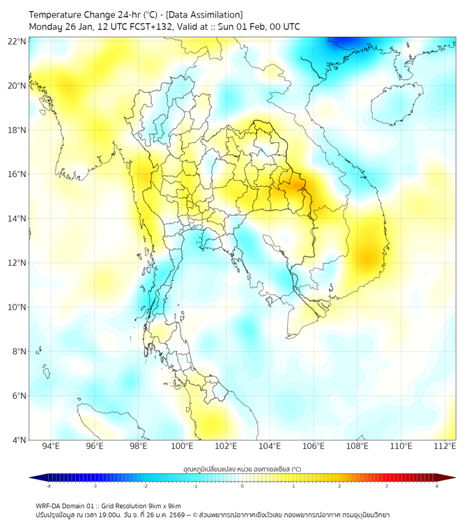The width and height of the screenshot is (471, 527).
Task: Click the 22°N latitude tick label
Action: click(x=17, y=41)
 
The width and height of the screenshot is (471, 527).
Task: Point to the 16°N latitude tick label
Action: click(x=17, y=174)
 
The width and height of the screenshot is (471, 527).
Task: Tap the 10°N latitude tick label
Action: click(x=17, y=307)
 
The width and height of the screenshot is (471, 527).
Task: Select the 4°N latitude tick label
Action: click(x=20, y=440)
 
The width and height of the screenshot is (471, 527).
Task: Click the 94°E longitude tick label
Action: click(x=51, y=446)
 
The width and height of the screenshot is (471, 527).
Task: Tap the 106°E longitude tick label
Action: click(x=314, y=446)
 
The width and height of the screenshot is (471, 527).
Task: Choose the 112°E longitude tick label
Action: click(x=445, y=446)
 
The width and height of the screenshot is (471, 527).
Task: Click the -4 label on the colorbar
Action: click(x=47, y=486)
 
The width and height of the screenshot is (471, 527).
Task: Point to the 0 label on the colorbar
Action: click(x=242, y=486)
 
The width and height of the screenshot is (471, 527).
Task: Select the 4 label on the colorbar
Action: click(x=437, y=486)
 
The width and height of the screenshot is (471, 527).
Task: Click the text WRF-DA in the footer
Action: click(x=49, y=505)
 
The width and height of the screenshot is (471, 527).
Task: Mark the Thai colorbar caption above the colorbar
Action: click(x=242, y=468)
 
